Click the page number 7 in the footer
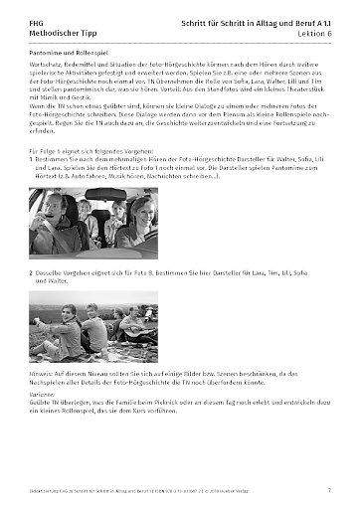pos(329,490)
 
